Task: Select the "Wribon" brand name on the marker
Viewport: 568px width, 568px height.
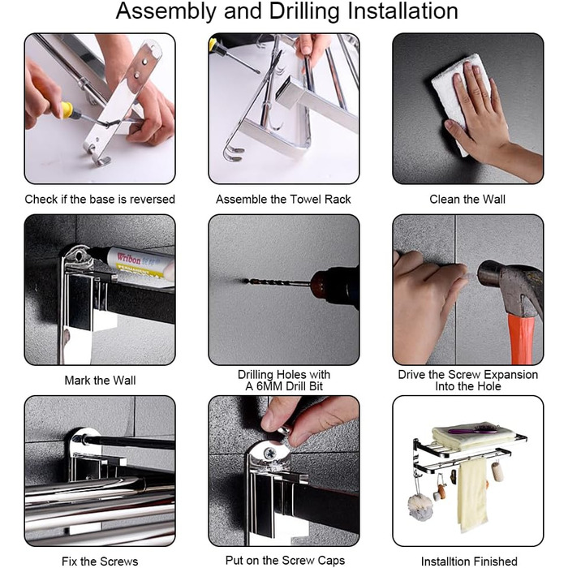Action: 128,258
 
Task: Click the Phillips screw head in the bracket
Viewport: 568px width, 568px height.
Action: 270,453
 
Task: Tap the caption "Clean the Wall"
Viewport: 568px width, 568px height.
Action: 467,200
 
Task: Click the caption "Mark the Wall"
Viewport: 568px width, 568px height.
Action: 100,381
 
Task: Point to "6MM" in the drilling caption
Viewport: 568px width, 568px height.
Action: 273,386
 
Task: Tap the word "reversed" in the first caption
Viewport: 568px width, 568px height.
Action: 153,200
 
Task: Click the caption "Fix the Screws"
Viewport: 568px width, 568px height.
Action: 100,562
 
